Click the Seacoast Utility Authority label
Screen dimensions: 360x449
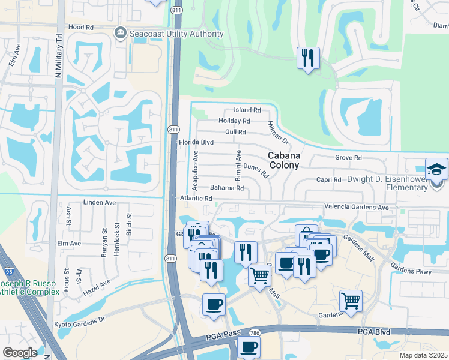pos(176,34)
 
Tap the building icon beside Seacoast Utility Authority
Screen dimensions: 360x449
pos(122,34)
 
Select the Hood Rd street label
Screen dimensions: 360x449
pos(81,27)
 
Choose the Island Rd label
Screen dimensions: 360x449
pos(247,110)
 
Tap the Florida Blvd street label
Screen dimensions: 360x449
pos(196,143)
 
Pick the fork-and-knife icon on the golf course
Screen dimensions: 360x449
pos(307,58)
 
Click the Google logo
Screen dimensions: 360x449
pos(20,352)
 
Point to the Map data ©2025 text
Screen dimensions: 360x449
pos(423,355)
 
